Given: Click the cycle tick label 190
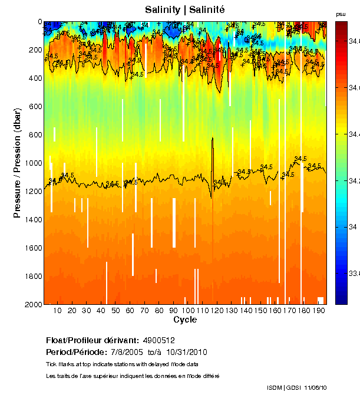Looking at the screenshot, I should click(318, 310).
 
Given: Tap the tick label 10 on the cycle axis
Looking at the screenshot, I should click(57, 310).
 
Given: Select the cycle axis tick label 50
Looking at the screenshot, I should click(115, 310).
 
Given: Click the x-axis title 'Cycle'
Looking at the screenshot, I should click(185, 320).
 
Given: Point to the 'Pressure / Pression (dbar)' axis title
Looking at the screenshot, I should click(18, 163).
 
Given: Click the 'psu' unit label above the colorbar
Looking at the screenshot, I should click(340, 14).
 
